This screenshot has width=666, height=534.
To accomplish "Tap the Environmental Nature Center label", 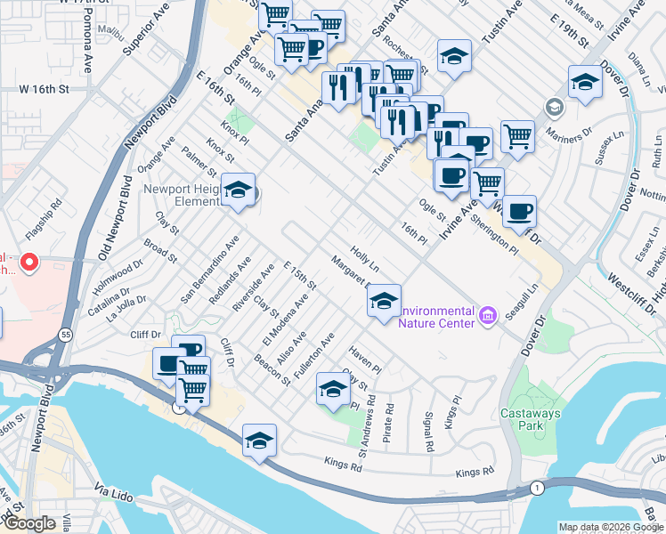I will [435, 316].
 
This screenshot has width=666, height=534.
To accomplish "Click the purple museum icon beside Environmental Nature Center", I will [487, 315].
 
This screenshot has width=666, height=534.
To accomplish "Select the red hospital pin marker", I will [28, 263].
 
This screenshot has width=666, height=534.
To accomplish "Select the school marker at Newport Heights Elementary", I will [238, 190].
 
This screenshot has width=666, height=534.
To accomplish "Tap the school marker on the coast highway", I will [259, 440].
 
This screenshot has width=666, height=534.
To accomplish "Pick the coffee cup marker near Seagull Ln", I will [519, 211].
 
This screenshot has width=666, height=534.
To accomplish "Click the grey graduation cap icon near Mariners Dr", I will [555, 109].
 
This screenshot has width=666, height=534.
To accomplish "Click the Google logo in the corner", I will [29, 523].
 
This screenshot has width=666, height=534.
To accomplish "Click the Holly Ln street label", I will [365, 260].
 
